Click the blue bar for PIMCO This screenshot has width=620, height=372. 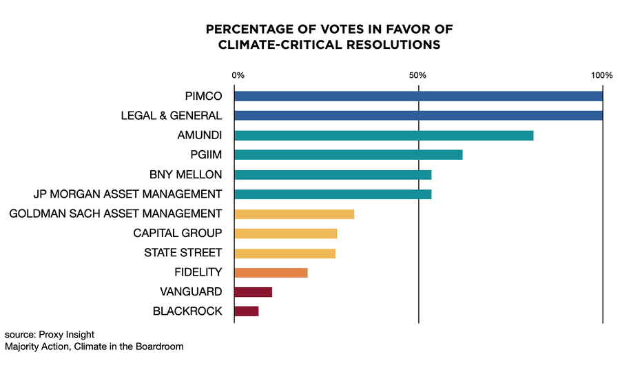418,96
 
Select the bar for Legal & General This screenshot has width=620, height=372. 418,116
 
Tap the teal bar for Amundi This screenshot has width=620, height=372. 384,136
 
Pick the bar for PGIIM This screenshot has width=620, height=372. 348,155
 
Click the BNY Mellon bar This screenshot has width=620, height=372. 333,174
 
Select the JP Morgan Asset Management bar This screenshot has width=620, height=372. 333,194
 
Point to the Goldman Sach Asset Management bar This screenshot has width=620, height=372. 294,214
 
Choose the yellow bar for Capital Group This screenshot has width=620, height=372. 285,234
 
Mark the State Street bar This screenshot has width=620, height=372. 285,253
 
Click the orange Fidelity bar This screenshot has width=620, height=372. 271,273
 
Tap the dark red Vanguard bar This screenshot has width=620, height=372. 253,292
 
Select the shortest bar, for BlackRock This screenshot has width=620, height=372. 246,311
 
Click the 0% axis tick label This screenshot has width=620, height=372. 238,74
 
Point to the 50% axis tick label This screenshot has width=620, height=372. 418,74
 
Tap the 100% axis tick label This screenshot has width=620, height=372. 601,74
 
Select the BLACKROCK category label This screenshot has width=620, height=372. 187,311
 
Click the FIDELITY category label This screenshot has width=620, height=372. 198,273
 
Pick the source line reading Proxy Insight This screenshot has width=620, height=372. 49,334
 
